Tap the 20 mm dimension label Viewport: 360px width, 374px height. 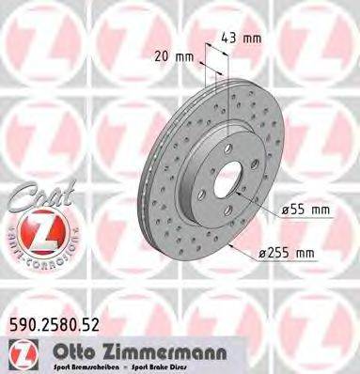pyautogui.click(x=177, y=55)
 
